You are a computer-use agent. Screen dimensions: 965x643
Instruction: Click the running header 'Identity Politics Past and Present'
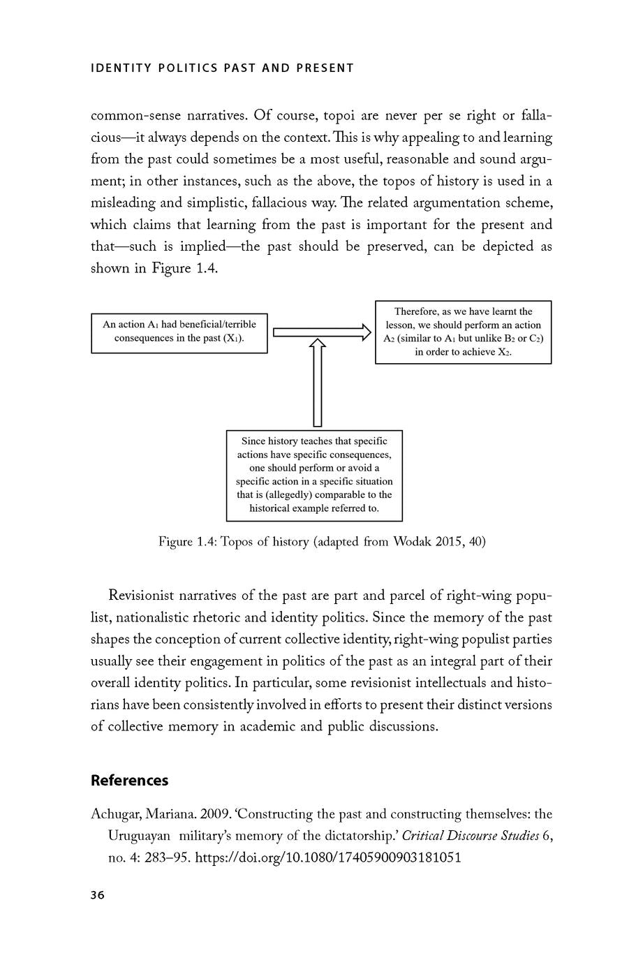click(222, 68)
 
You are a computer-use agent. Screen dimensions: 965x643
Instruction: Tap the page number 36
click(98, 895)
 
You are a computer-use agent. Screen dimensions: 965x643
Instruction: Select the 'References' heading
click(129, 781)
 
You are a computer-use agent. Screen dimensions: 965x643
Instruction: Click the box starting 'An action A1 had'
click(179, 333)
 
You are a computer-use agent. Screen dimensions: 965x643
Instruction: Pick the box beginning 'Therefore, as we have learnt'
click(463, 332)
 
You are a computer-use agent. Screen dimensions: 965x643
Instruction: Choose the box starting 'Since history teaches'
click(314, 475)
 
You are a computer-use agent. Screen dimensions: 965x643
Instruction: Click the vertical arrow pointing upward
click(318, 383)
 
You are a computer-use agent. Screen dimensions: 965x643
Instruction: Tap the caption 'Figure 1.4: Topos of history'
click(322, 542)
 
